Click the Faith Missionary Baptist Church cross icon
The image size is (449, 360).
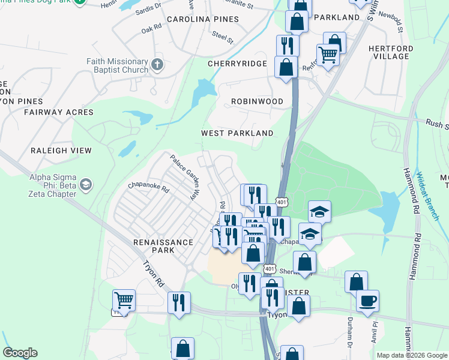coord(157,65)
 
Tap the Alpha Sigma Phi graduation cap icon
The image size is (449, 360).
coord(85,184)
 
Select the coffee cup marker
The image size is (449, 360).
coord(367,300)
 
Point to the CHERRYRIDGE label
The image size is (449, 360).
coord(237,63)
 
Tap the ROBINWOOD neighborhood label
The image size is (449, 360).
coord(257,101)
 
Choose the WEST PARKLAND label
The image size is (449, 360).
coord(237,133)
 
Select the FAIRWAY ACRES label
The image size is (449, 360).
coord(59,112)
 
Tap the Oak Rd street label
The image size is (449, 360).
coord(152,28)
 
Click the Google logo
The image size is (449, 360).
coord(20,353)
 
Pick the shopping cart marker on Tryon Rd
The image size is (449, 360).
coord(124,299)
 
